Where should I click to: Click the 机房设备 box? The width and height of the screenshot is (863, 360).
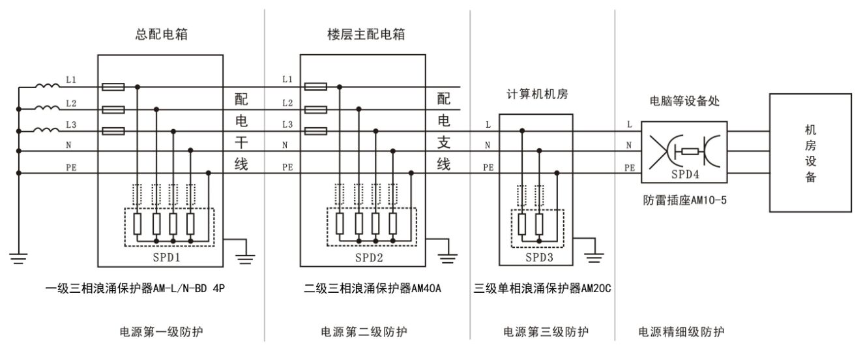pyautogui.click(x=810, y=153)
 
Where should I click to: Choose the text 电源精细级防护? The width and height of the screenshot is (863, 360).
pyautogui.click(x=680, y=333)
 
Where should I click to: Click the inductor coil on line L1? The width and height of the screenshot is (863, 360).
pyautogui.click(x=49, y=85)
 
